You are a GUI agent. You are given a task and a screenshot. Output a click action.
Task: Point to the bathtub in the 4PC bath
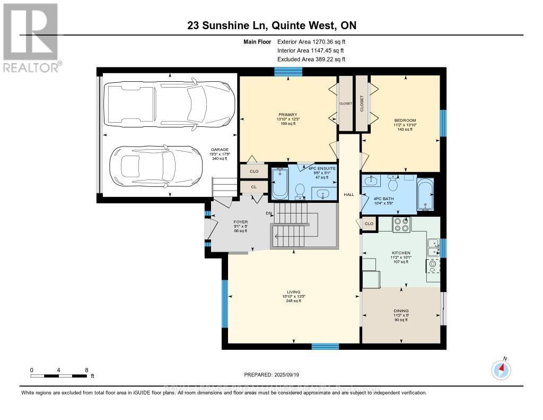[425, 194]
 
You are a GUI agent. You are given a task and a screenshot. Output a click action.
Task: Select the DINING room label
[401, 311]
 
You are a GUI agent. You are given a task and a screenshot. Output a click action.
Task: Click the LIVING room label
[293, 292]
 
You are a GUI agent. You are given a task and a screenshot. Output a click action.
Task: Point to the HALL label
[348, 195]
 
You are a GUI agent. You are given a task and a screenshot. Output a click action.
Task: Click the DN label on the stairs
[269, 213]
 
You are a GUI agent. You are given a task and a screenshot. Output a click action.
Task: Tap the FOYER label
[241, 222]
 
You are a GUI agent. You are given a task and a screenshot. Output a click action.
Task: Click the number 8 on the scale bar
[86, 370]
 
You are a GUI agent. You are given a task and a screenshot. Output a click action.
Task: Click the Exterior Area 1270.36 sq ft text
[311, 41]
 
